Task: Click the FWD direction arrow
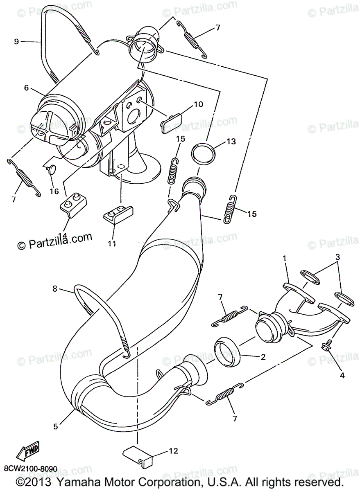point(28,452)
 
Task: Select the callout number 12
point(174,451)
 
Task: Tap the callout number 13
point(231,142)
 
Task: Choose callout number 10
point(198,104)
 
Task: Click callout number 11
point(112,243)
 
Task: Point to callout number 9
point(16,41)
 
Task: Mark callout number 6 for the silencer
point(26,88)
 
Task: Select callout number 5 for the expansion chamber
point(56,426)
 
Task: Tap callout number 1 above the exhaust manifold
point(284,258)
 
